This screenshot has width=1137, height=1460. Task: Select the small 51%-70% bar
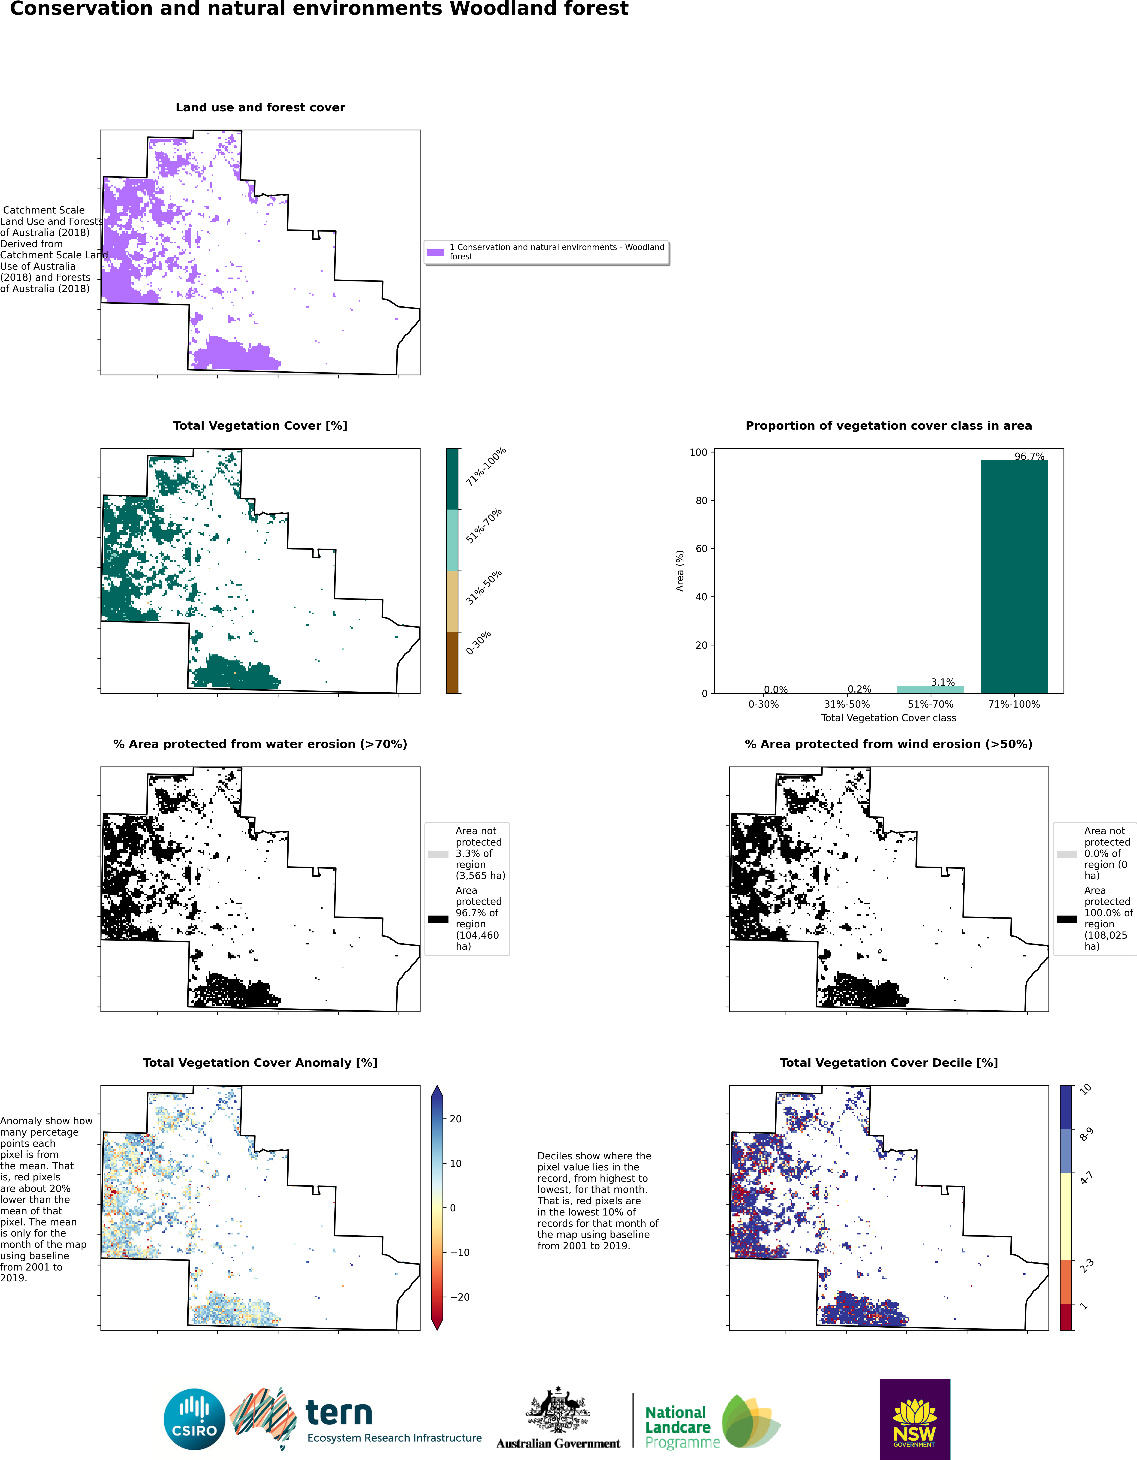[930, 689]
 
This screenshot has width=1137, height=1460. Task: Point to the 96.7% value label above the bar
[1029, 457]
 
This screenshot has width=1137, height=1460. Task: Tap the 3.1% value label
[942, 682]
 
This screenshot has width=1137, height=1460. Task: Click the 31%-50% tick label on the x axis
[847, 704]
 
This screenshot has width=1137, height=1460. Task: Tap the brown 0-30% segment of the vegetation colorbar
[453, 663]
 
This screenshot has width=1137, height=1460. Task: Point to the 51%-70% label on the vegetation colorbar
[484, 526]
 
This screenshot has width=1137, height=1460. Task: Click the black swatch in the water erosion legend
[439, 919]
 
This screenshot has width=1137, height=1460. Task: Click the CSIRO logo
[195, 1419]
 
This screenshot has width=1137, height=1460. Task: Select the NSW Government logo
[914, 1419]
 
